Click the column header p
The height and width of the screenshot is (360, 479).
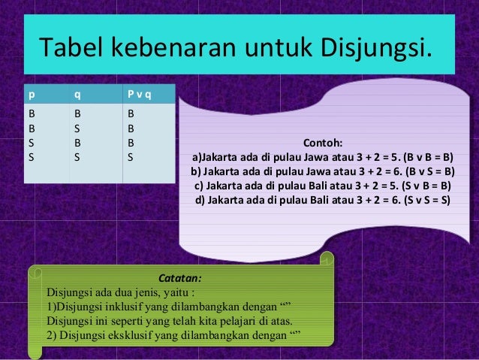[x=32, y=95]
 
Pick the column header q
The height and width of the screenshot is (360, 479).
[x=76, y=95]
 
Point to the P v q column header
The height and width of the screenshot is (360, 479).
[x=139, y=95]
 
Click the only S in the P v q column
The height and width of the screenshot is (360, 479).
[x=131, y=159]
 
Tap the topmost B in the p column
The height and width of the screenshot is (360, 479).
[x=32, y=113]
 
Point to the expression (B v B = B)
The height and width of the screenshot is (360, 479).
[x=427, y=157]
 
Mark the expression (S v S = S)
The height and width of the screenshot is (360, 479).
[x=426, y=200]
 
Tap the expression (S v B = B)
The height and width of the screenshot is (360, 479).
[x=426, y=186]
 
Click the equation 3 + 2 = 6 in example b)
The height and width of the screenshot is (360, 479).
[x=366, y=171]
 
